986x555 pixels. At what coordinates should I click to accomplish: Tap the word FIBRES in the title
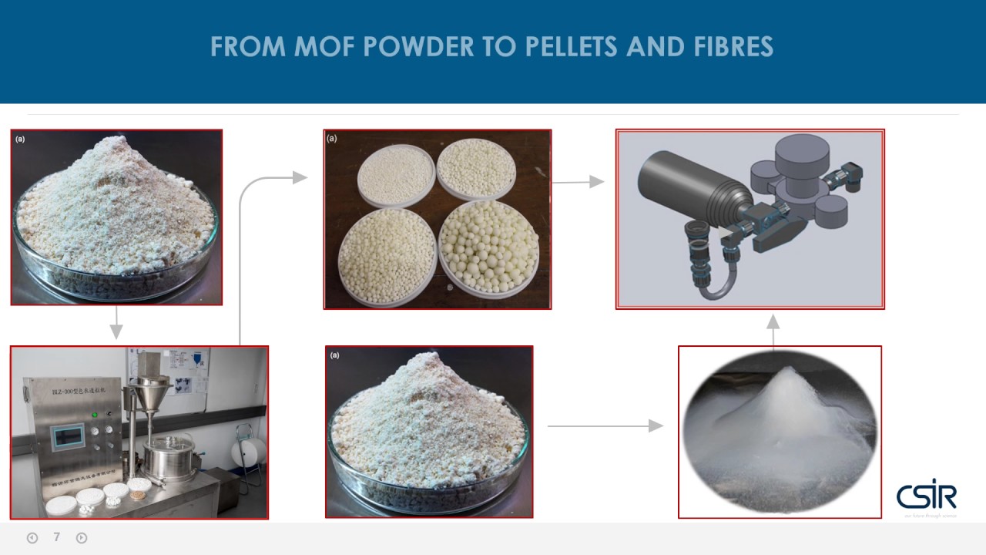click(x=731, y=47)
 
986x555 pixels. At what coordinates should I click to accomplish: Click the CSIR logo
click(x=927, y=495)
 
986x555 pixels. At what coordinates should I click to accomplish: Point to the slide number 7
click(x=56, y=537)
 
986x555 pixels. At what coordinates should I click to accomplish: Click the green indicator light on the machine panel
click(x=95, y=414)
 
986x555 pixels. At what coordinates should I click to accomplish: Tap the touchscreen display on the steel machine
click(x=67, y=437)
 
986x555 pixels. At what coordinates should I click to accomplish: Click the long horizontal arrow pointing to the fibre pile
click(x=605, y=425)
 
